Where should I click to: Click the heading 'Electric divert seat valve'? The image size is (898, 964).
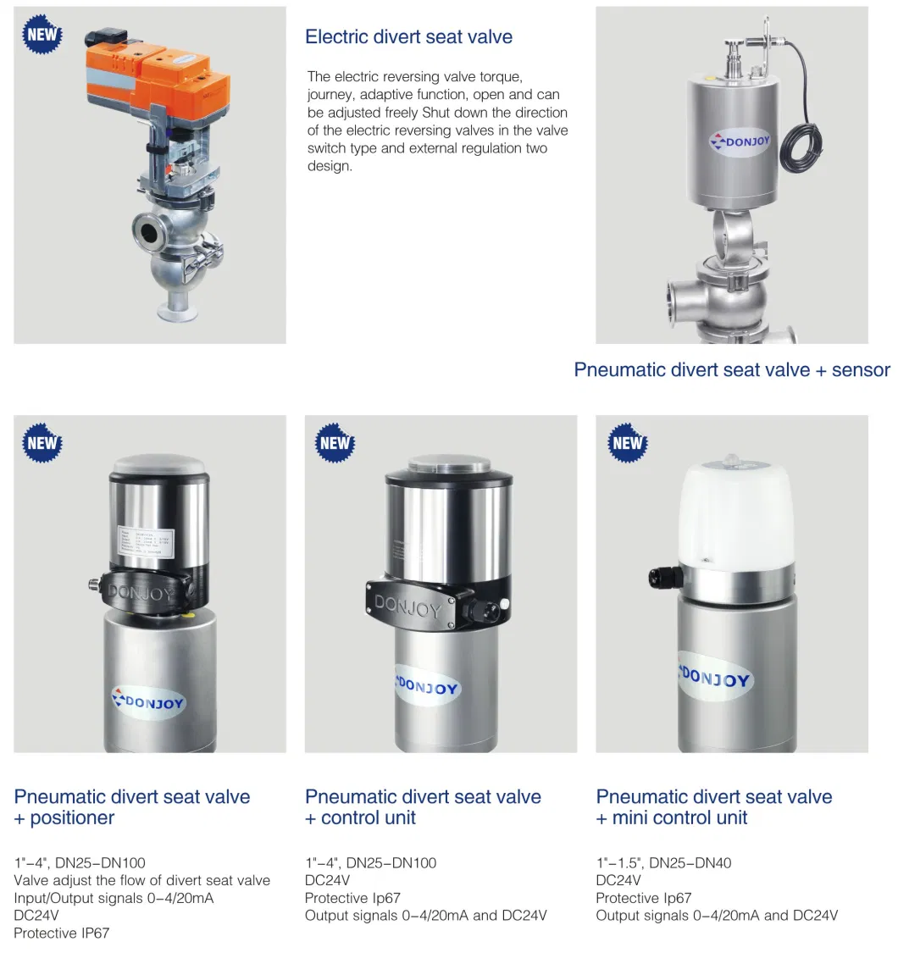[x=408, y=37]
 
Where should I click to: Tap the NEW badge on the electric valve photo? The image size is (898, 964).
[x=42, y=35]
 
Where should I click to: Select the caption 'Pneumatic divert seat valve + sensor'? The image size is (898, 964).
[x=732, y=370]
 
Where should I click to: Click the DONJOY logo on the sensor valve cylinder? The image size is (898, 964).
[x=739, y=141]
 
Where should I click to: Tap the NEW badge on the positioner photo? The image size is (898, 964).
[x=42, y=443]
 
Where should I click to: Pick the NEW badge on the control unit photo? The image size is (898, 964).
[x=335, y=443]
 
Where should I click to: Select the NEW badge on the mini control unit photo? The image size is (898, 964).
[x=628, y=443]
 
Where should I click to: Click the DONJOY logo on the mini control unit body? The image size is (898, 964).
[x=716, y=677]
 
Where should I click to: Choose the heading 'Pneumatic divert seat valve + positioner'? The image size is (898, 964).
[x=132, y=807]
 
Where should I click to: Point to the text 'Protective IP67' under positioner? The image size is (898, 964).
[x=62, y=933]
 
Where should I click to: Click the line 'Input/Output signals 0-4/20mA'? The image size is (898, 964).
[x=114, y=898]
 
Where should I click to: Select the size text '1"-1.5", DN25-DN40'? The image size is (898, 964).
[x=663, y=863]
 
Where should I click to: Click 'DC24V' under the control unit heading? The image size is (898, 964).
[x=327, y=880]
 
